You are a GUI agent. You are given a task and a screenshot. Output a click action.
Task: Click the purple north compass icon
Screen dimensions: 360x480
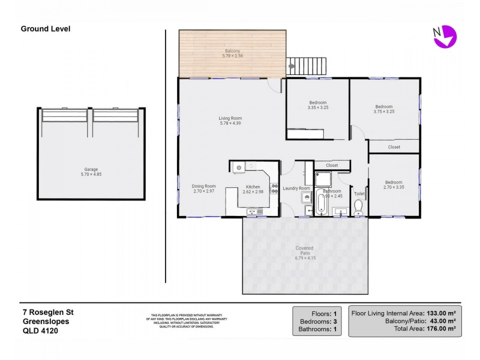[445, 36]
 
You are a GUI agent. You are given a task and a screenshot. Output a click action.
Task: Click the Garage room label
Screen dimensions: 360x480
[91, 169]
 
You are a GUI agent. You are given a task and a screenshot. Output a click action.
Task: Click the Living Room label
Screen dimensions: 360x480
[230, 118]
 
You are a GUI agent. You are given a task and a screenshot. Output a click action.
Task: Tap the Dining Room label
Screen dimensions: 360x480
[203, 186]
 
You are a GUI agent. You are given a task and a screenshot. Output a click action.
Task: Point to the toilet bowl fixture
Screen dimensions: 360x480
[359, 207]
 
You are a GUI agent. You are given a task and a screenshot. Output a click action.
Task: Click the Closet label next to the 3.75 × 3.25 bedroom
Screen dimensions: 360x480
[394, 147]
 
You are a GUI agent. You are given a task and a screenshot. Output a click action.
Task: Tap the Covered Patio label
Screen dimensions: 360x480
[304, 251]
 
